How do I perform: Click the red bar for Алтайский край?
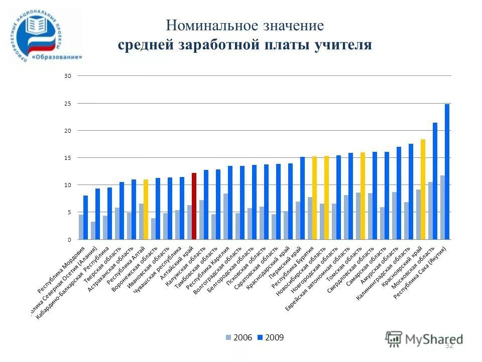pyautogui.click(x=194, y=206)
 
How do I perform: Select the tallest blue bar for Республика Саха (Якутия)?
pyautogui.click(x=447, y=171)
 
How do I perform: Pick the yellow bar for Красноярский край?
pyautogui.click(x=423, y=189)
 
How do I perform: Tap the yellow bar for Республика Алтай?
pyautogui.click(x=146, y=209)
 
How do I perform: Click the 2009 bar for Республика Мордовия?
pyautogui.click(x=85, y=217)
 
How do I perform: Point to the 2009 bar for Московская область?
pyautogui.click(x=435, y=181)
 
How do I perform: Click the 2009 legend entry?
pyautogui.click(x=271, y=337)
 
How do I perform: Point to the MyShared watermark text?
pyautogui.click(x=434, y=339)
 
